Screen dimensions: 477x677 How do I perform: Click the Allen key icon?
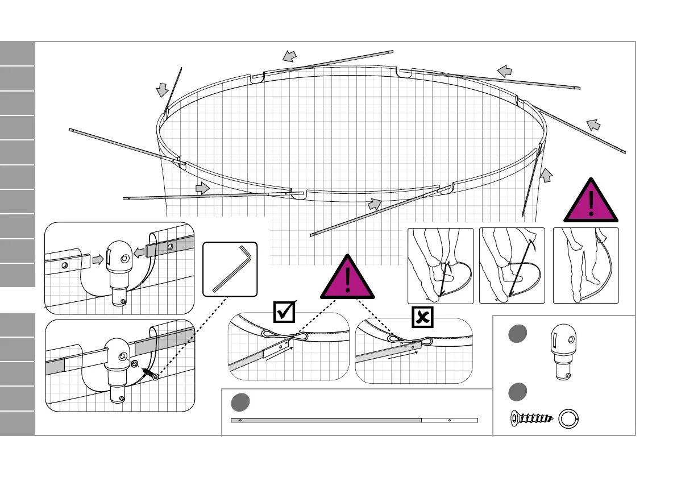pos(230,268)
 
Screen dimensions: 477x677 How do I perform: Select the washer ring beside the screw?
pos(568,420)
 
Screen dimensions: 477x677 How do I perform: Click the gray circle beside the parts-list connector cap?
pos(517,334)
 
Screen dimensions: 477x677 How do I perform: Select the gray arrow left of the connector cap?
pos(97,259)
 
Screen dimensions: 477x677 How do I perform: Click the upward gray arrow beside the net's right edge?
pos(546,176)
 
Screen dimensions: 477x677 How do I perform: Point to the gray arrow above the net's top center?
pos(290,56)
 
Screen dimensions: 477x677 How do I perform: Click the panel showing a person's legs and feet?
pos(585,265)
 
